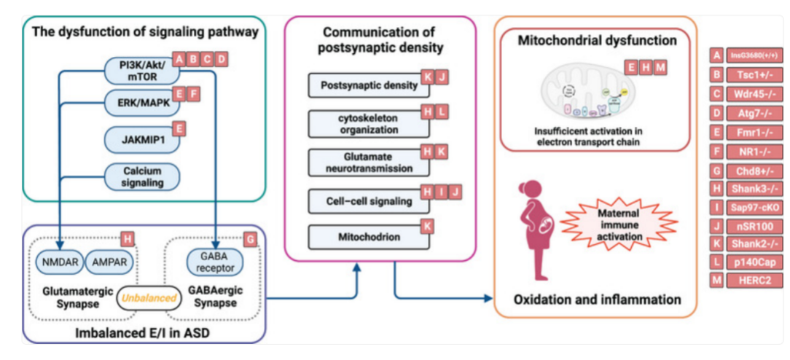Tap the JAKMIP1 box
tap(141, 139)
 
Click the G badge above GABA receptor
tap(251, 239)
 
